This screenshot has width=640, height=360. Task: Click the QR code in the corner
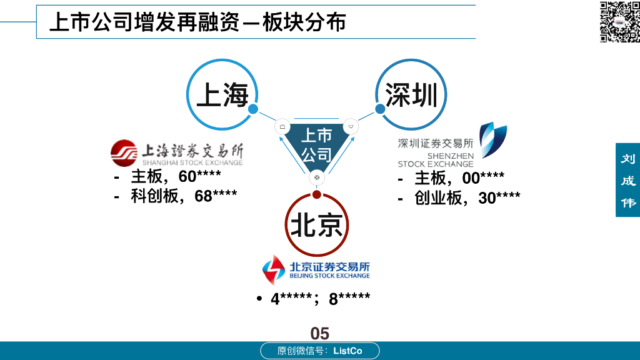click(619, 21)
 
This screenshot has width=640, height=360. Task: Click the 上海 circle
click(222, 95)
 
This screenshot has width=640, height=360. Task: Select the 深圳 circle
click(411, 95)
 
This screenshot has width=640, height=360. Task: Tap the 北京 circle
click(316, 225)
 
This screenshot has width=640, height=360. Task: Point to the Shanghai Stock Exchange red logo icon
click(124, 152)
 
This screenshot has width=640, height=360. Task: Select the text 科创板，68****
click(184, 196)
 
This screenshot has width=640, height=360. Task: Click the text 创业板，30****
click(467, 198)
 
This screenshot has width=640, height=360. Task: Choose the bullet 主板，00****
click(459, 178)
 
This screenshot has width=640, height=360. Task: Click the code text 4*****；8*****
click(320, 299)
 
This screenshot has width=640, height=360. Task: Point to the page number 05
click(319, 333)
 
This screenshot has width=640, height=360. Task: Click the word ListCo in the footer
click(347, 351)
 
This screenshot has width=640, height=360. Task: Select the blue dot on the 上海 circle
click(253, 109)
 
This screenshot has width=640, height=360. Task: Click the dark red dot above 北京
click(317, 194)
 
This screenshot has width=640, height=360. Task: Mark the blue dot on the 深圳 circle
click(379, 109)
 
